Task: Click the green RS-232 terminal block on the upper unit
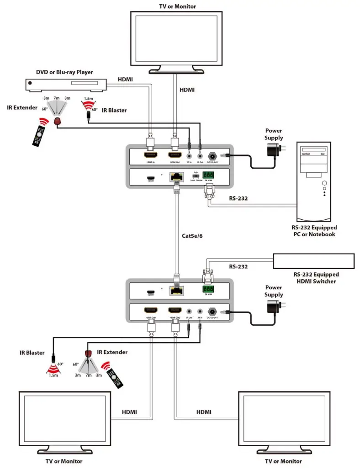pyautogui.click(x=208, y=175)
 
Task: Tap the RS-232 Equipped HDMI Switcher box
pyautogui.click(x=313, y=261)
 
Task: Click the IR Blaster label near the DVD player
pyautogui.click(x=114, y=110)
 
